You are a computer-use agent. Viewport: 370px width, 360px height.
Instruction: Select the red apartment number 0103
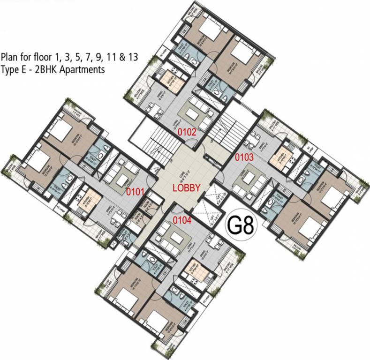point(244,157)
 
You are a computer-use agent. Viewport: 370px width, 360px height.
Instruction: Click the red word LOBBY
point(187,188)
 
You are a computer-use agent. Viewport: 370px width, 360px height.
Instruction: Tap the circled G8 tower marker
point(241,226)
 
